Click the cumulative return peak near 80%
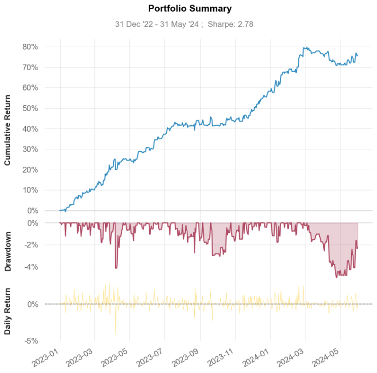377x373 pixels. pos(304,48)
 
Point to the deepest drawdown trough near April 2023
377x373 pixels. pos(116,268)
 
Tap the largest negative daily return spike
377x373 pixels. pos(116,334)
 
